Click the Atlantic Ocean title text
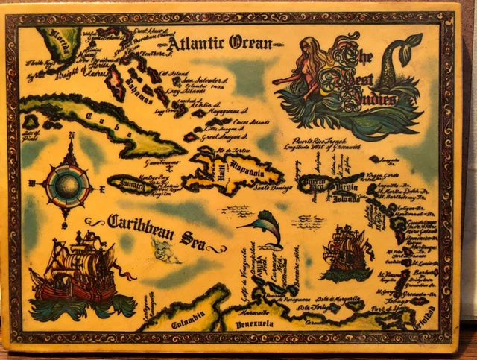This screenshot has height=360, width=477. [219, 43]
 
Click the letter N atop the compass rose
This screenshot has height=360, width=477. [71, 136]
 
